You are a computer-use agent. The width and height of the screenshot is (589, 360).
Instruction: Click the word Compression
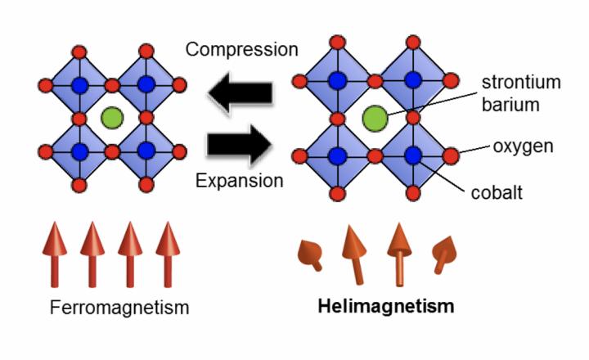click(241, 49)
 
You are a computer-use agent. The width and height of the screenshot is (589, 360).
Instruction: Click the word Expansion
click(240, 179)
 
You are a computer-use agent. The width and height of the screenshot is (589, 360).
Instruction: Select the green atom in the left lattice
click(112, 118)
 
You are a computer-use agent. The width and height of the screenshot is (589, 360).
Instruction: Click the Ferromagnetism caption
click(119, 308)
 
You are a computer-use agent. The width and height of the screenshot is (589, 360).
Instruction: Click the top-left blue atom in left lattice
click(79, 84)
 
